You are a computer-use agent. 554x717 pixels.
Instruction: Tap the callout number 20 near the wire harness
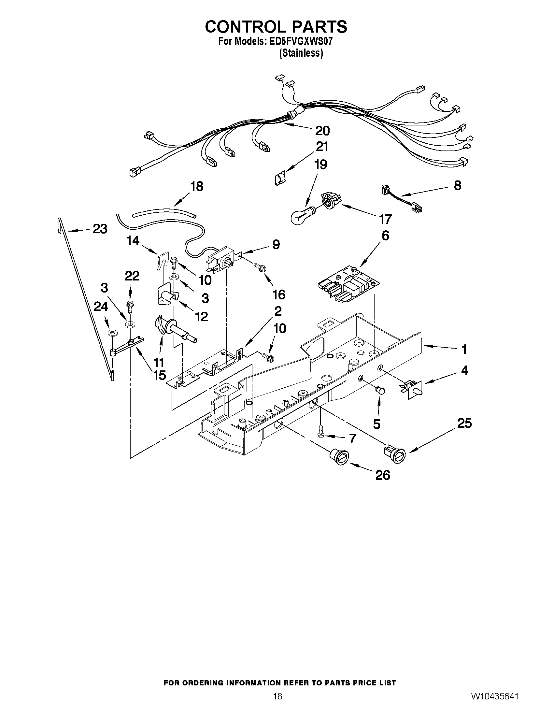[322, 131]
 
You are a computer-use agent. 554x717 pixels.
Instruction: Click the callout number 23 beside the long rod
[100, 229]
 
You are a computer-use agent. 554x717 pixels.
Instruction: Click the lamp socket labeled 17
[331, 200]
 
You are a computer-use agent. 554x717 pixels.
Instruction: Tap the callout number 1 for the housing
[464, 350]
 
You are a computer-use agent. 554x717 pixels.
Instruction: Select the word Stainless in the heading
[301, 53]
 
